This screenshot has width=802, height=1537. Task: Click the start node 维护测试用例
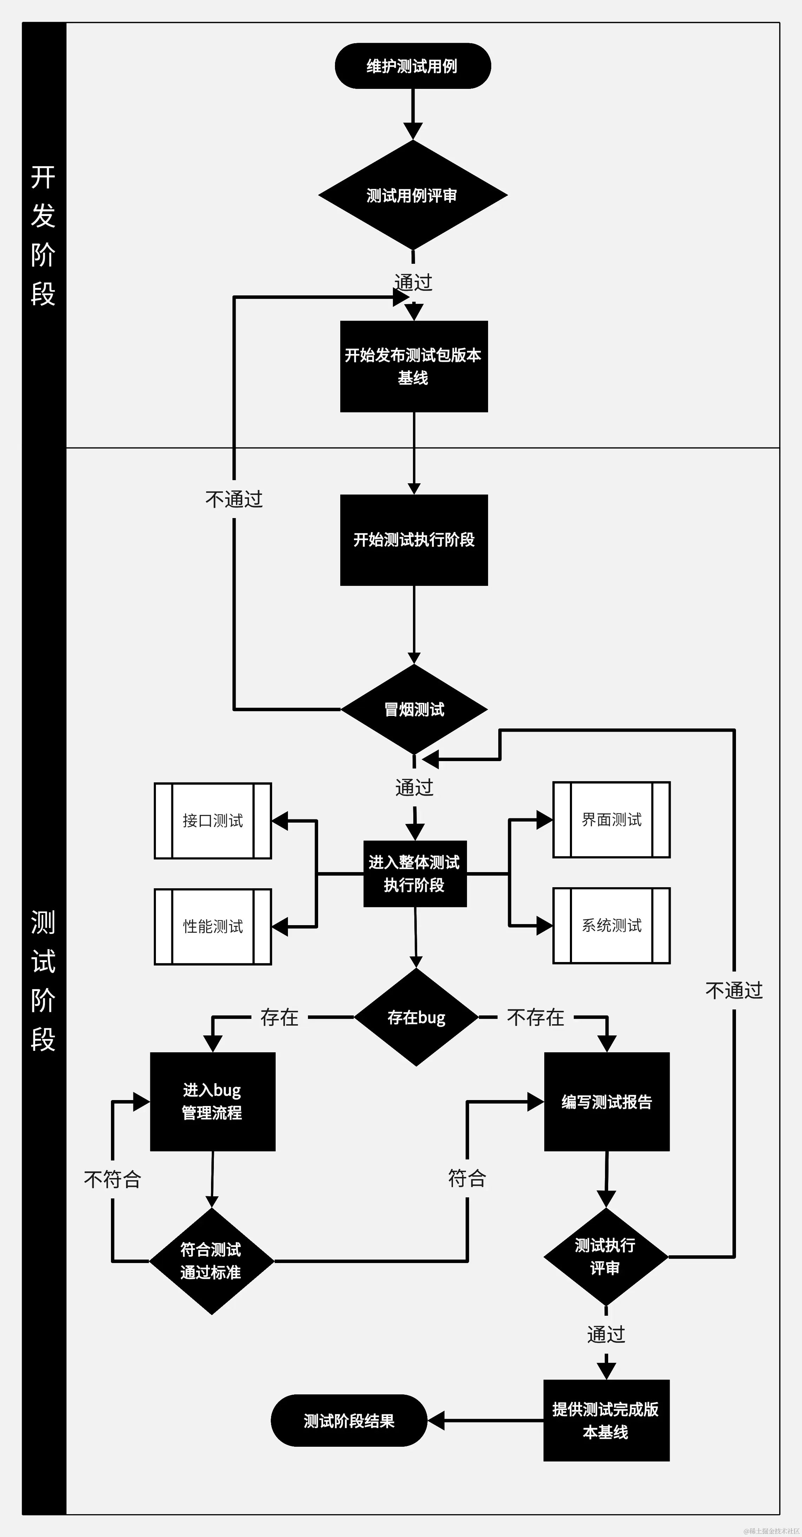(413, 66)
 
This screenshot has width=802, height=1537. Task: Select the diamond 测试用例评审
(413, 195)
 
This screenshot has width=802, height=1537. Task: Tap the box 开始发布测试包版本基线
(414, 366)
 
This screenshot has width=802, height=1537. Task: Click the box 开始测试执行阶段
(414, 540)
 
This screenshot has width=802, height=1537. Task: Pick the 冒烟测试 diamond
(414, 709)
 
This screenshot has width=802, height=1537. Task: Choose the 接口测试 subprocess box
(213, 821)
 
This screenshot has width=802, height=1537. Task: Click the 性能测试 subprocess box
(213, 927)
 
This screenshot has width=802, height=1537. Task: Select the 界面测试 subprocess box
(612, 820)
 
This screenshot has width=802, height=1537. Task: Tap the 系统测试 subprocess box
(612, 926)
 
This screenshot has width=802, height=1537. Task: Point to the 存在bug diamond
(416, 1017)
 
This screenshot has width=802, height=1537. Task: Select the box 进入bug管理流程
(212, 1101)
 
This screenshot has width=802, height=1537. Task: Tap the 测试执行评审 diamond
(606, 1257)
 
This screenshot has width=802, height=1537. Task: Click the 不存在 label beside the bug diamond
(535, 1017)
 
